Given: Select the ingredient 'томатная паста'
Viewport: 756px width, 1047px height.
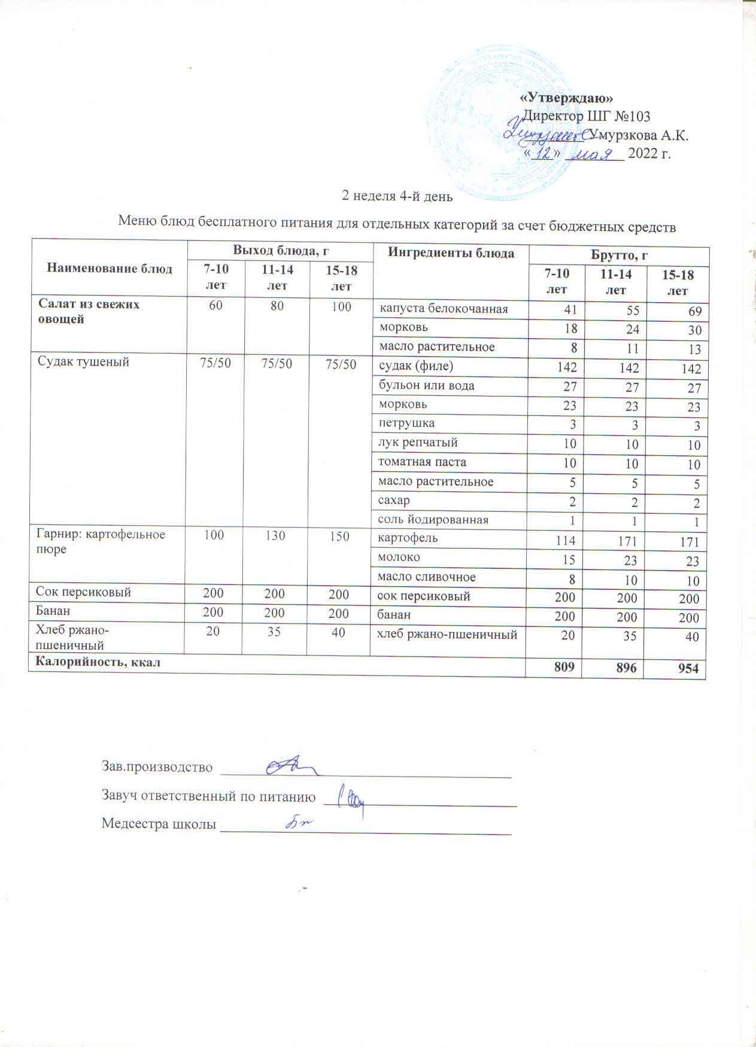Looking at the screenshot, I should pos(422,462).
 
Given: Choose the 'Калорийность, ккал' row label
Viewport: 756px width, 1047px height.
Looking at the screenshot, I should pos(99,662).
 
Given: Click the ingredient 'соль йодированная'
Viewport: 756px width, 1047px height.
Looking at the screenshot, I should pos(433,519).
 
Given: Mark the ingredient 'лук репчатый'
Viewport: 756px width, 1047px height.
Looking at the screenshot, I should pos(418,443).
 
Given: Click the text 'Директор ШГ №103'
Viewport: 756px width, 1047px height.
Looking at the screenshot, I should pos(587,115).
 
